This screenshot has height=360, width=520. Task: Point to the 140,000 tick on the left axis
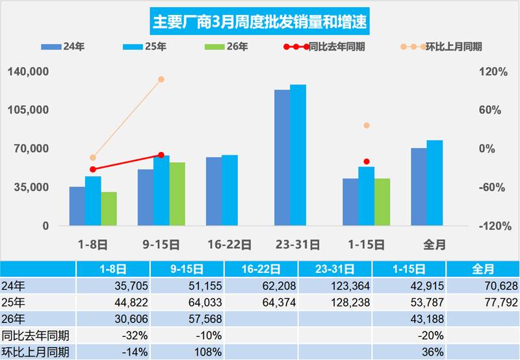pyautogui.click(x=29, y=71)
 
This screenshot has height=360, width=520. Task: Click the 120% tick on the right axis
pyautogui.click(x=495, y=71)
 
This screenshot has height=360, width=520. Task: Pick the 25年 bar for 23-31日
pyautogui.click(x=298, y=155)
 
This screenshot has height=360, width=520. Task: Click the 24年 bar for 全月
pyautogui.click(x=419, y=186)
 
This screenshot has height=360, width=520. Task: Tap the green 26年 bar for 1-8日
pyautogui.click(x=109, y=209)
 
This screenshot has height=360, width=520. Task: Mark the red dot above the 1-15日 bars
pyautogui.click(x=366, y=161)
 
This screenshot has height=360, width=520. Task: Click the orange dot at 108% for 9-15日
pyautogui.click(x=161, y=79)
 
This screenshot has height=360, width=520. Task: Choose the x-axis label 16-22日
pyautogui.click(x=229, y=245)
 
